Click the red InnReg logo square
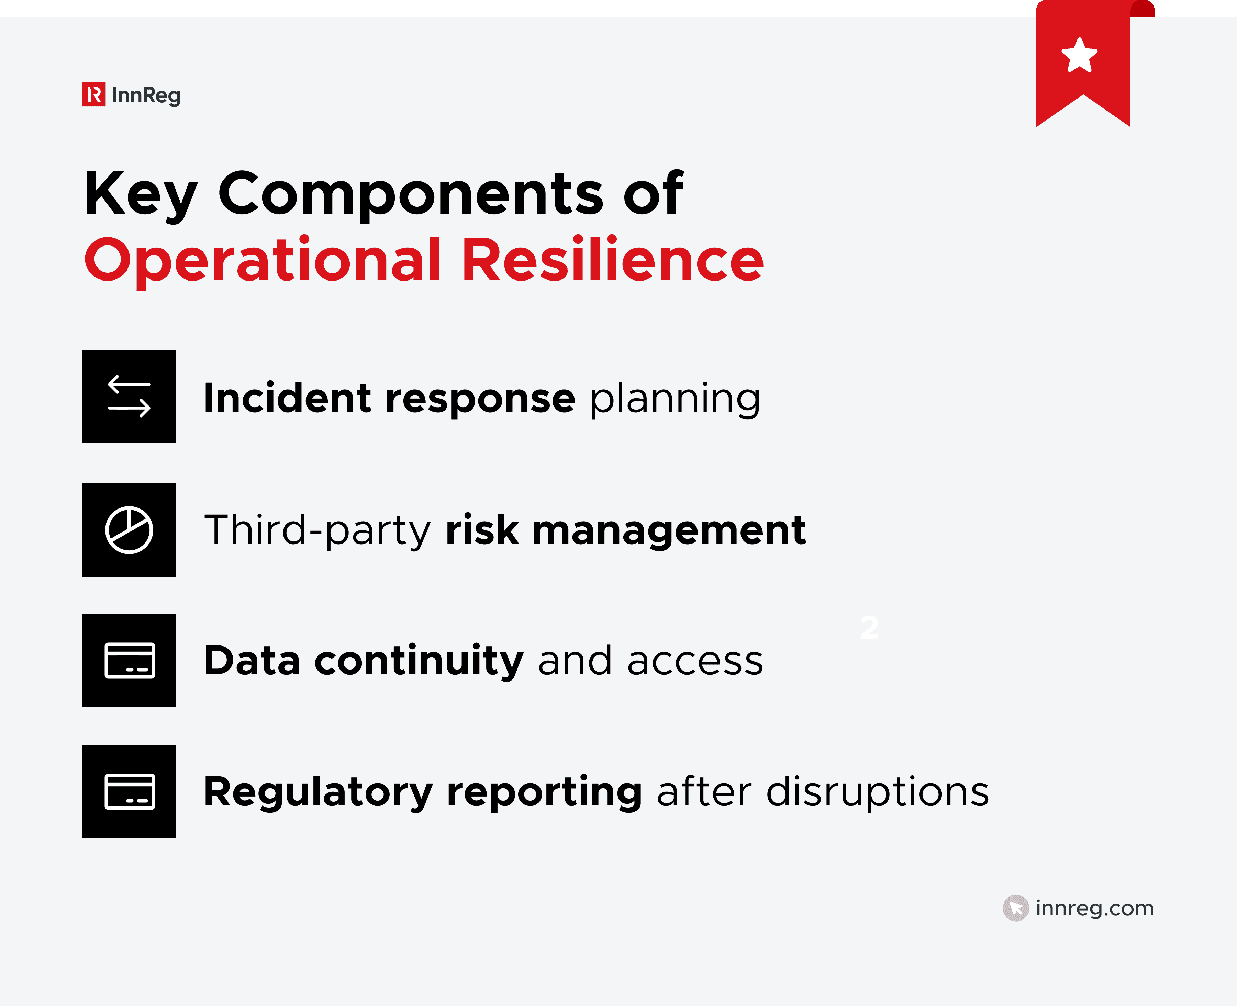pos(93,94)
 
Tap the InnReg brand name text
pos(146,95)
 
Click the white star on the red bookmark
pos(1079,56)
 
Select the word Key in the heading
pos(141,194)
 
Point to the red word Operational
pos(262,261)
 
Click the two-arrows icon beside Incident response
pos(129,396)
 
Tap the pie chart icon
pos(129,530)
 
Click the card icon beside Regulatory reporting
pos(129,792)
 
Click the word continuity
pos(419,661)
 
